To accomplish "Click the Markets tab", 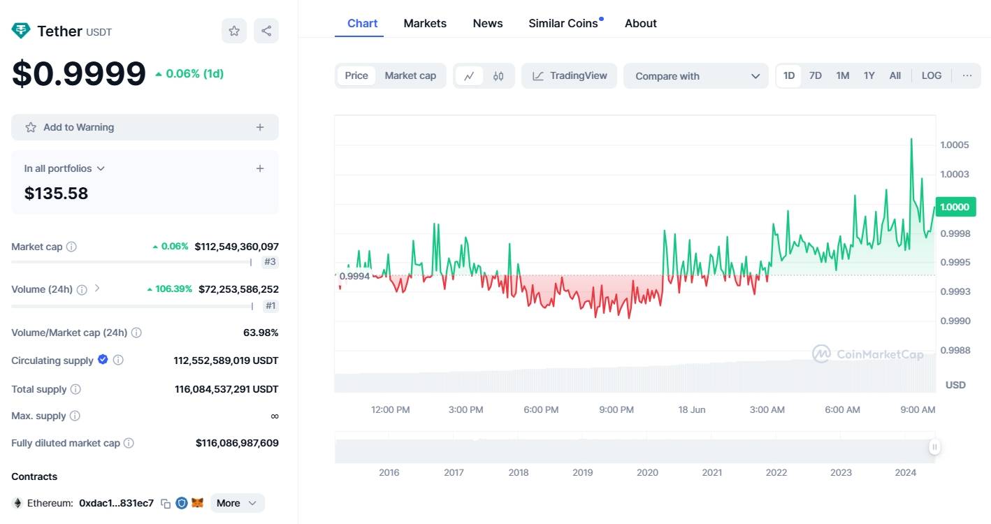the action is click(x=425, y=24).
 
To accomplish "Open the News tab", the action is click(x=488, y=24).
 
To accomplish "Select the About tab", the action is click(x=640, y=24).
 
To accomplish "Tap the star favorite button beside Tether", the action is click(x=234, y=31).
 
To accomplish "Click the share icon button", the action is click(x=266, y=31).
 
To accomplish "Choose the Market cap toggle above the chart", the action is click(x=410, y=75).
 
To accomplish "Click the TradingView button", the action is click(x=569, y=75).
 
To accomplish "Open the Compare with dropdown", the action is click(x=696, y=76).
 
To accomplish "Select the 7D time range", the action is click(x=815, y=75).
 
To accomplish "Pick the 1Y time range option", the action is click(x=869, y=75).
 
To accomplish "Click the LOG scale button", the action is click(x=932, y=75).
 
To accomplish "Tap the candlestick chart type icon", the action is click(x=498, y=76).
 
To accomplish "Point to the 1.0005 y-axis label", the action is click(x=954, y=145).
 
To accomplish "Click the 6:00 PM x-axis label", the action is click(x=541, y=409).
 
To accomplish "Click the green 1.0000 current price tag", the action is click(x=955, y=207).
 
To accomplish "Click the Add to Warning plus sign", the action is click(x=260, y=127).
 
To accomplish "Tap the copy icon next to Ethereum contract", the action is click(x=166, y=503).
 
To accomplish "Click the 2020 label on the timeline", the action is click(x=647, y=472).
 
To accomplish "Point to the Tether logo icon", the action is click(x=21, y=31).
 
